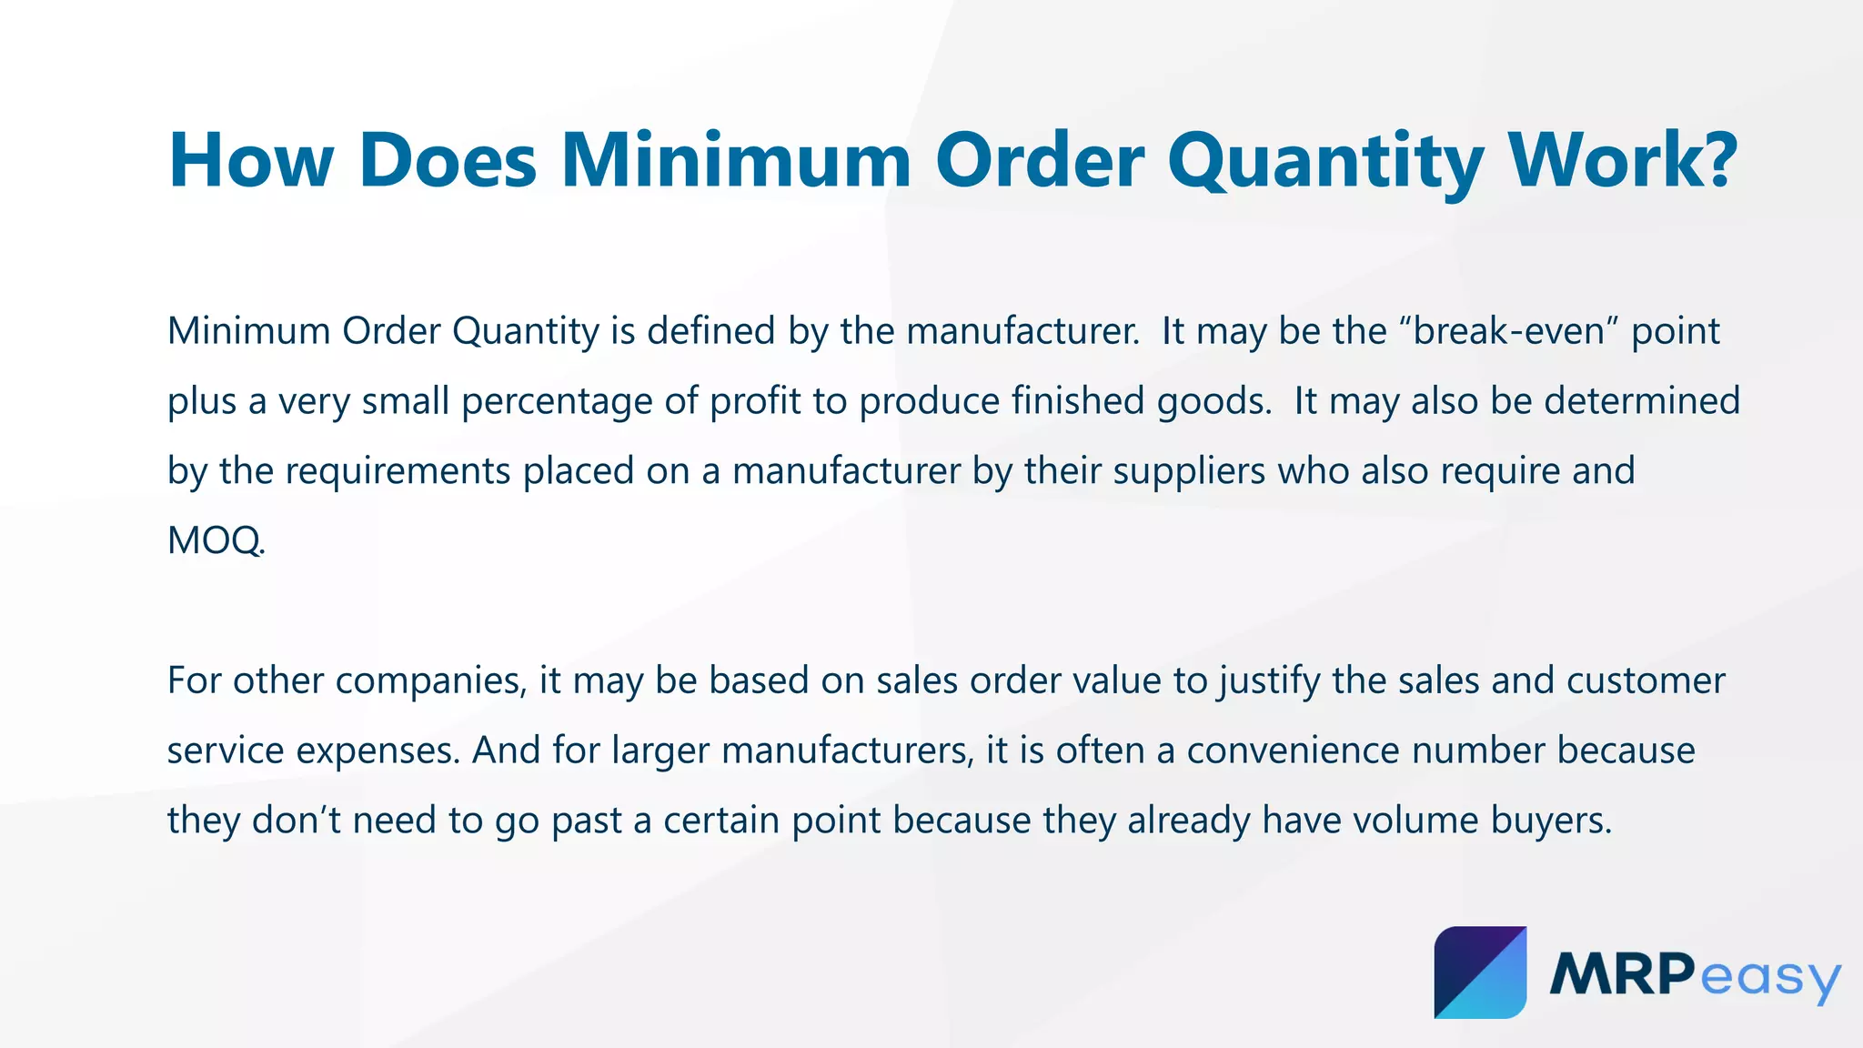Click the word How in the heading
coord(251,161)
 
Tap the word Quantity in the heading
coord(1325,161)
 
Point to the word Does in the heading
coord(448,161)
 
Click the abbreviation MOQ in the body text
coord(215,541)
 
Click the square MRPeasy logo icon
coord(1480,972)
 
